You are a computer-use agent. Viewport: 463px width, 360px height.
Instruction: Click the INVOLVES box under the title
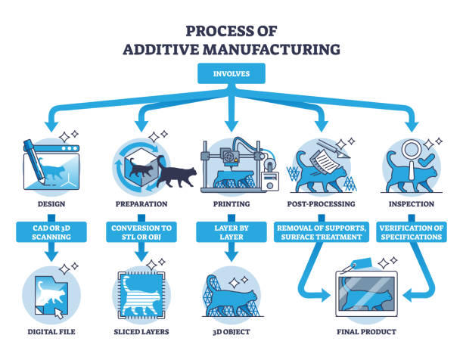[x=231, y=75]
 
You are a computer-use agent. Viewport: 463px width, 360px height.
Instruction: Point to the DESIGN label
[x=51, y=203]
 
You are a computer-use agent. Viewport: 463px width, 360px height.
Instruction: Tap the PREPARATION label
[x=141, y=203]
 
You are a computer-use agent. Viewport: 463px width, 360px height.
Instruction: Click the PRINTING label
[x=231, y=203]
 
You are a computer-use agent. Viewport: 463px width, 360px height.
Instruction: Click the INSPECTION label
[x=412, y=203]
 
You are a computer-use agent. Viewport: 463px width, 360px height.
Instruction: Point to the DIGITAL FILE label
[x=51, y=331]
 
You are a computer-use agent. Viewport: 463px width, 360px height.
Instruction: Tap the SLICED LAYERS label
[x=141, y=331]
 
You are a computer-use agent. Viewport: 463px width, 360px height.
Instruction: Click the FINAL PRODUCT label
[x=366, y=331]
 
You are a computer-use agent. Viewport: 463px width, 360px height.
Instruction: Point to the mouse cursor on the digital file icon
[x=60, y=311]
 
